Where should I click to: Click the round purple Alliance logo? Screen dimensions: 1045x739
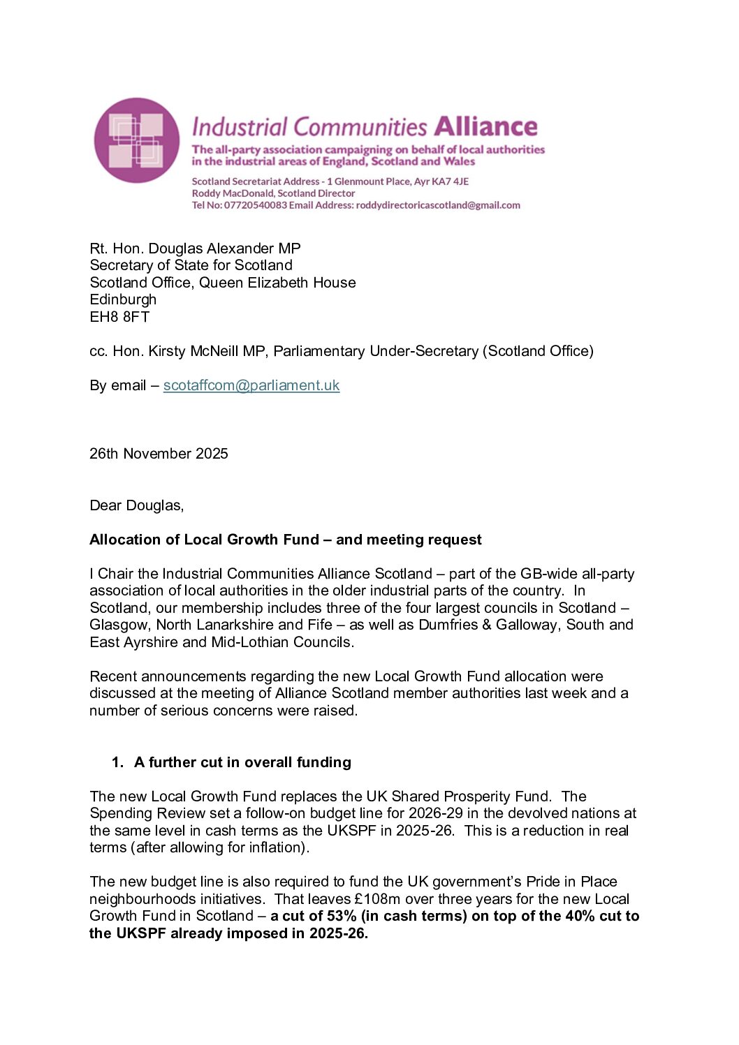pyautogui.click(x=137, y=140)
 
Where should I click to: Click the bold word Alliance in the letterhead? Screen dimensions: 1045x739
pyautogui.click(x=485, y=126)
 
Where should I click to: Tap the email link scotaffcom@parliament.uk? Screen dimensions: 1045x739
pyautogui.click(x=251, y=385)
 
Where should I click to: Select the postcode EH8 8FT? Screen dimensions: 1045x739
pyautogui.click(x=119, y=317)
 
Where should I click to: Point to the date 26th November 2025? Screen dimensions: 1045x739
pyautogui.click(x=159, y=454)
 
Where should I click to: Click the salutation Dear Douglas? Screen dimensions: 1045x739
pyautogui.click(x=136, y=505)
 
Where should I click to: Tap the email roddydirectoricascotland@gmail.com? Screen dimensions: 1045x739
pyautogui.click(x=438, y=205)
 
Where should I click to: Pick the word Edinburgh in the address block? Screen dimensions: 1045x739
pyautogui.click(x=123, y=299)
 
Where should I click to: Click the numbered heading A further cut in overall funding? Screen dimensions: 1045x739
pyautogui.click(x=242, y=762)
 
